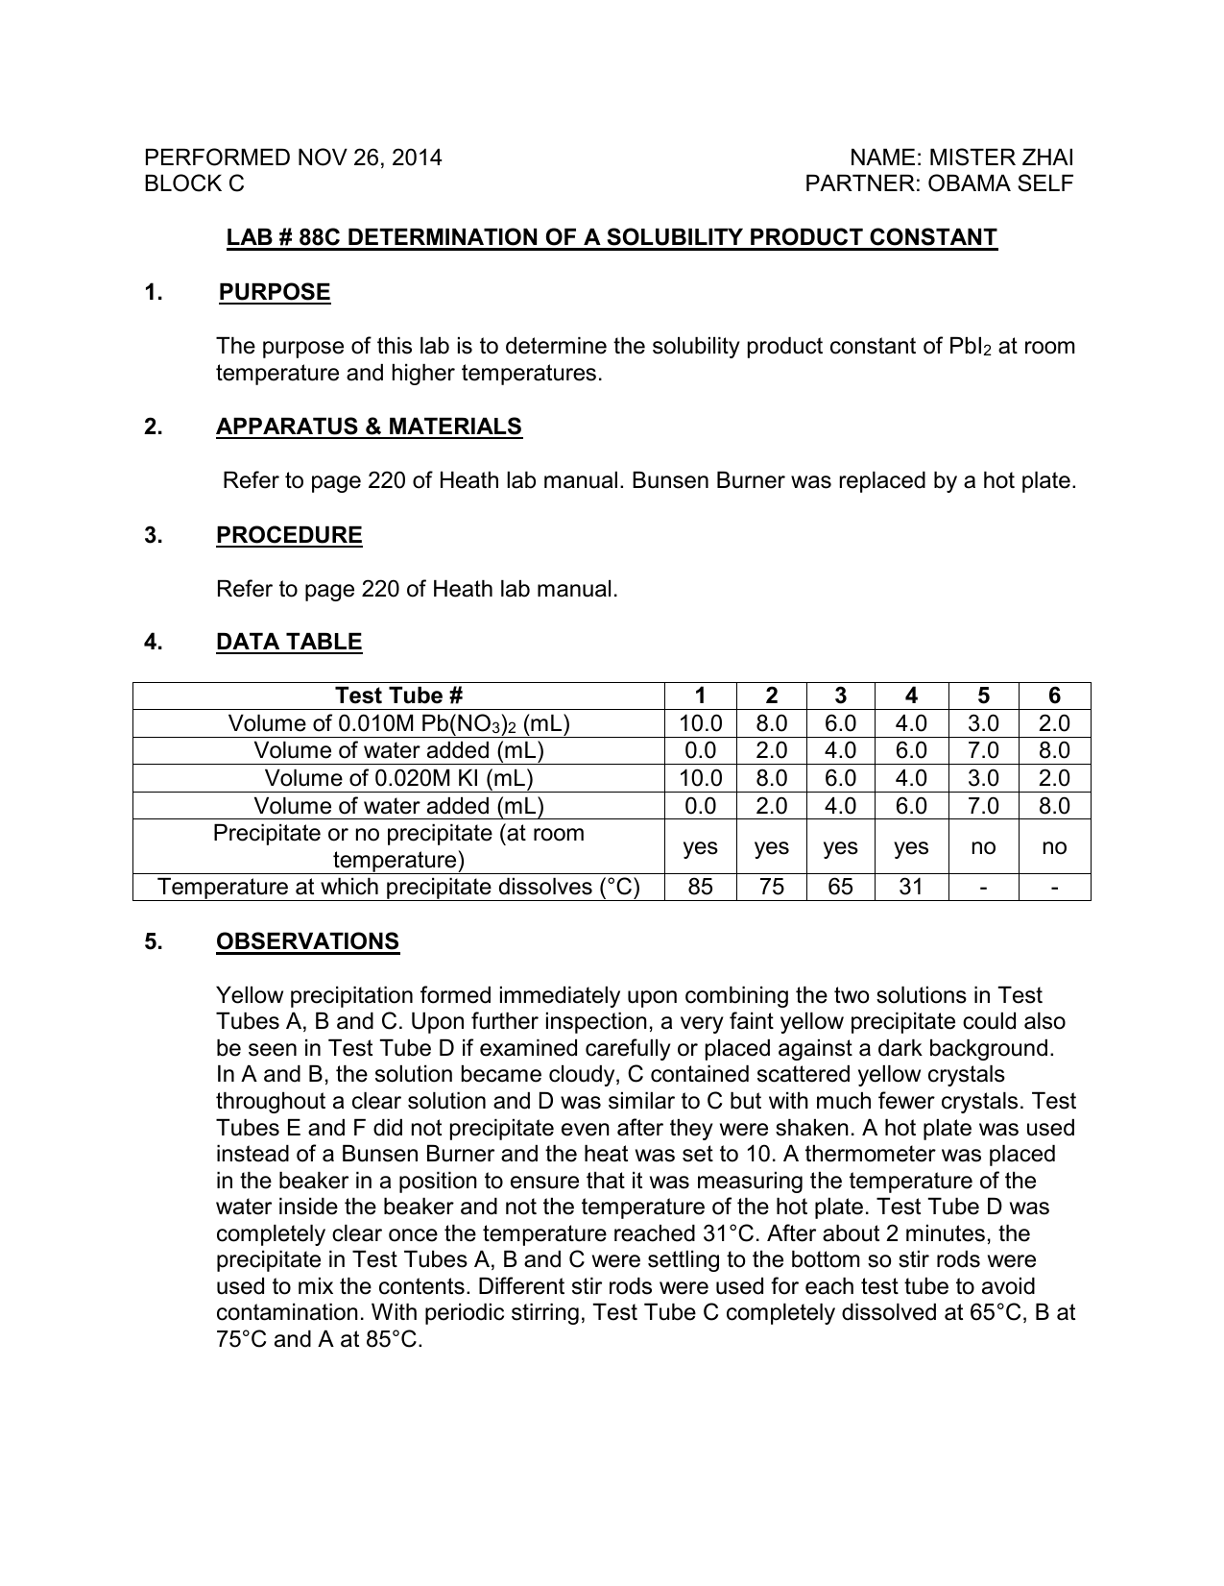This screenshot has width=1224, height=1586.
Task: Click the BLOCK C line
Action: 194,183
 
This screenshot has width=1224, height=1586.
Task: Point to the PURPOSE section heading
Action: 275,292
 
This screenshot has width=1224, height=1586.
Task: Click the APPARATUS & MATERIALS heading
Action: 369,427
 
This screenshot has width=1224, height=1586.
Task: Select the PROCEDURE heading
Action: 289,535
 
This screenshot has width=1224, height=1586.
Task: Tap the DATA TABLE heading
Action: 289,642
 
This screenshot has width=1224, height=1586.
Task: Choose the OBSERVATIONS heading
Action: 307,941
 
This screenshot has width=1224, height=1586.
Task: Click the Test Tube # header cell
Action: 398,696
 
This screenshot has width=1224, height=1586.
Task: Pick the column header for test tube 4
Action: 911,696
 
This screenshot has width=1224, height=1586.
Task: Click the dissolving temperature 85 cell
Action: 701,887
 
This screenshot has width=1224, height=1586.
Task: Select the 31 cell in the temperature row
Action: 911,887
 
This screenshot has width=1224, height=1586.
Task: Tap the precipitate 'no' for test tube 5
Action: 983,846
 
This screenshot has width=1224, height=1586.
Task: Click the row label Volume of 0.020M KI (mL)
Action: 398,778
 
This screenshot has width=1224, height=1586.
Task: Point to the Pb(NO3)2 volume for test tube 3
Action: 840,723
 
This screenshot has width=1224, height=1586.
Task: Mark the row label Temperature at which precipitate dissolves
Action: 398,887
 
